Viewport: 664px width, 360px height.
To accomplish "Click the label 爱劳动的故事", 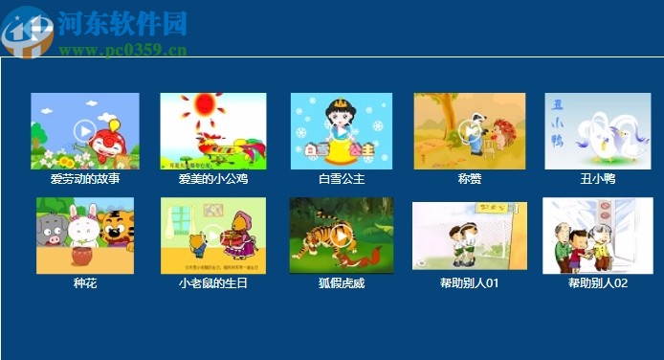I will point(85,179).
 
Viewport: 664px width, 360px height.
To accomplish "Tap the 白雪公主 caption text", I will point(342,179).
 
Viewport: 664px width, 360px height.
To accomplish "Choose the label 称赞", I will point(469,179).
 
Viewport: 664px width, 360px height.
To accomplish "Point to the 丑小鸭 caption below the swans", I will point(598,179).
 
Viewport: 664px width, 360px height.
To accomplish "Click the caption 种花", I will point(85,283).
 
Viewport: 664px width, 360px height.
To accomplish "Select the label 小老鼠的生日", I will point(212,283).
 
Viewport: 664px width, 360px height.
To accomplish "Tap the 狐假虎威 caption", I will point(342,283).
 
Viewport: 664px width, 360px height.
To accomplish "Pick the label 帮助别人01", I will point(470,283).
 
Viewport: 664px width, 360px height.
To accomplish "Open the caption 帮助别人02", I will point(598,283).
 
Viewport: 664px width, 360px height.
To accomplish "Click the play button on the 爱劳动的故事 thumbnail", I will point(84,130).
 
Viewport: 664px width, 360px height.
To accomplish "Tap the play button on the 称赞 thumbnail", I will point(469,130).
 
